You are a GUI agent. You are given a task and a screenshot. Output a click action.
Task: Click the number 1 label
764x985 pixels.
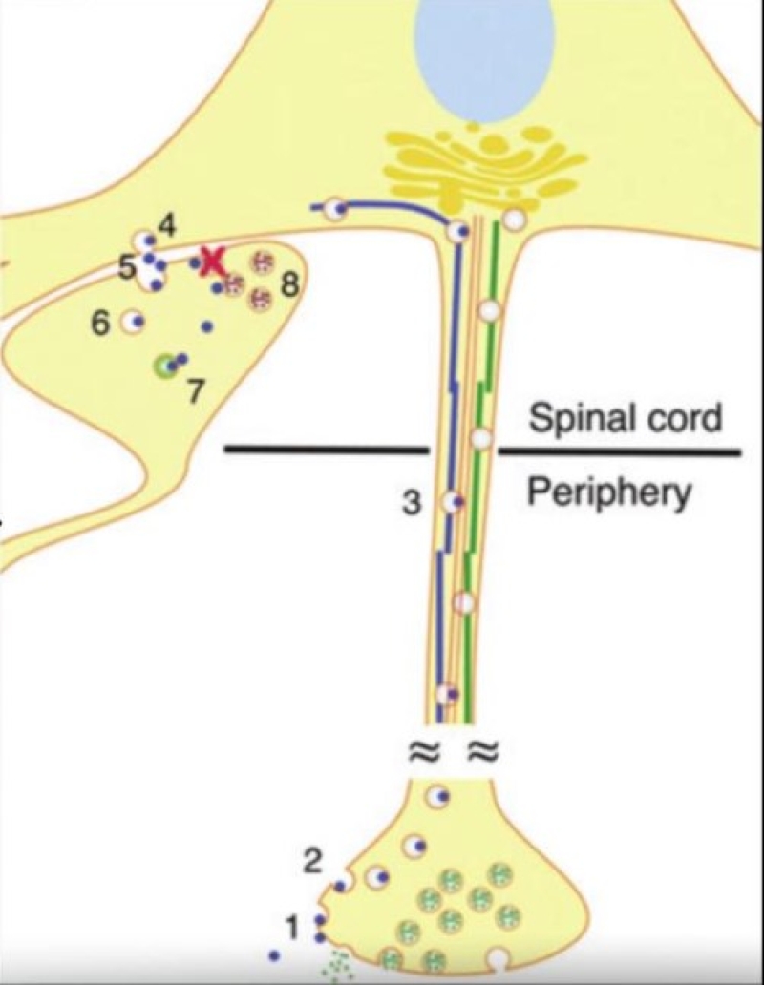click(x=293, y=923)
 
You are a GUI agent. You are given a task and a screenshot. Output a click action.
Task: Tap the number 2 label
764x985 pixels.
click(x=311, y=861)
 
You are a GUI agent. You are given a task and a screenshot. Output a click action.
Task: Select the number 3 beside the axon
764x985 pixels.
click(x=412, y=503)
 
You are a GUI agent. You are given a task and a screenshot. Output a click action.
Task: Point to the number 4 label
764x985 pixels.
click(x=167, y=226)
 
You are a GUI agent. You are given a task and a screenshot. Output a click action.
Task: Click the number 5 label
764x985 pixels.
click(x=128, y=267)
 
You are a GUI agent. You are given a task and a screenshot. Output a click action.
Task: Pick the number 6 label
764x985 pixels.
click(x=101, y=324)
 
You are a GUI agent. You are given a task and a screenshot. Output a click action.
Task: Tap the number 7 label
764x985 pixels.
click(x=195, y=391)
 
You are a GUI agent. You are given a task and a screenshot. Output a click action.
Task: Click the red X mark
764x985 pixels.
click(x=212, y=261)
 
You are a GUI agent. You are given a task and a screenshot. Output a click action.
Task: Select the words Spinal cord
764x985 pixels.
click(x=625, y=419)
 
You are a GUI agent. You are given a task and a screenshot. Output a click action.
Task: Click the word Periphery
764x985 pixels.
click(x=608, y=492)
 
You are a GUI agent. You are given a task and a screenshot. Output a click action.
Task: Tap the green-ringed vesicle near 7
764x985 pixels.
click(x=167, y=365)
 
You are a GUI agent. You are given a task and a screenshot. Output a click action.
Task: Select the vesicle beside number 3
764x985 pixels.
click(x=451, y=501)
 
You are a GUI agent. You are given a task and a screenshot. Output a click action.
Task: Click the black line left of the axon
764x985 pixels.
click(x=325, y=449)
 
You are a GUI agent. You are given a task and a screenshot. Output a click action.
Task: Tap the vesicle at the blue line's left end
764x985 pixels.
click(x=334, y=209)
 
